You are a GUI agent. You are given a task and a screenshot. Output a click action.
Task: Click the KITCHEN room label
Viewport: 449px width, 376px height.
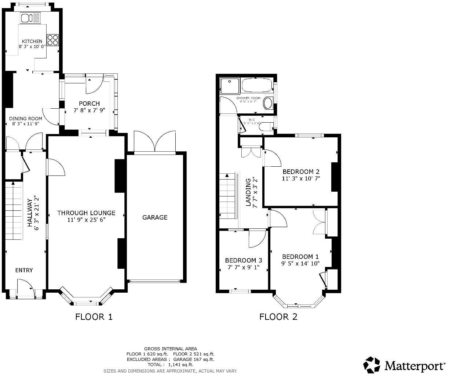click(32, 41)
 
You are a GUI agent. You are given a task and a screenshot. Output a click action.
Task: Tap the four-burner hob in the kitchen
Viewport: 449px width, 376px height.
click(53, 40)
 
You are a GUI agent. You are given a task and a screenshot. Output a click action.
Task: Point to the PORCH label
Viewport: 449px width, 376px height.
click(89, 104)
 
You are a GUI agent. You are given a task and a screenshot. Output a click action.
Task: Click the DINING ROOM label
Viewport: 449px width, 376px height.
click(25, 119)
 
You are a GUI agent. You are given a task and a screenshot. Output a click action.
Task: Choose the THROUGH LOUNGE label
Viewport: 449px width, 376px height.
click(86, 213)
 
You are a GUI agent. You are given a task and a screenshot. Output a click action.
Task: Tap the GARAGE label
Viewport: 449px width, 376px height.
click(155, 217)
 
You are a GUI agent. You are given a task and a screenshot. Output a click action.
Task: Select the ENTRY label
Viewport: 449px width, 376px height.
click(24, 270)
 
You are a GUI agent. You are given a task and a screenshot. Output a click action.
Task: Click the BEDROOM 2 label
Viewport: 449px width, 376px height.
click(301, 171)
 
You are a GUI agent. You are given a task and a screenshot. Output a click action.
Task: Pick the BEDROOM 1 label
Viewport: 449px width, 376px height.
click(300, 257)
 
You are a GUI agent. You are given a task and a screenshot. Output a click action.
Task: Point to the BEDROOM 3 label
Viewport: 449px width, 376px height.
click(243, 260)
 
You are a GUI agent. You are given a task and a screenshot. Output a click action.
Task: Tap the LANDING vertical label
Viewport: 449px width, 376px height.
click(248, 192)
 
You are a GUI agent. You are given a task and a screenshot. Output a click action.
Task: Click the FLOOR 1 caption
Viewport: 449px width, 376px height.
click(94, 317)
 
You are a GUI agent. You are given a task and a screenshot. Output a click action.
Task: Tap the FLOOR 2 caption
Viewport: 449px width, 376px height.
click(278, 317)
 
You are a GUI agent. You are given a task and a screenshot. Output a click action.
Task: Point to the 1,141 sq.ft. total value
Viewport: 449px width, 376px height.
click(180, 365)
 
